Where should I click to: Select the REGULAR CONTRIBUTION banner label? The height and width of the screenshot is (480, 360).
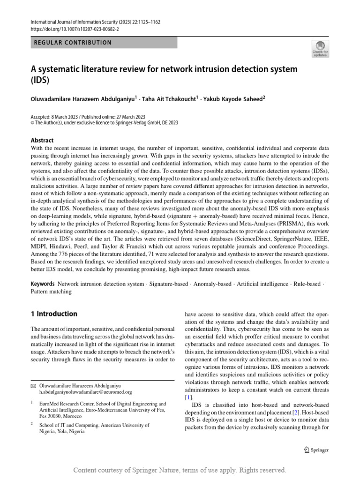(73, 43)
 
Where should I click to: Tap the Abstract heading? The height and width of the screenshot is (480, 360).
(42, 140)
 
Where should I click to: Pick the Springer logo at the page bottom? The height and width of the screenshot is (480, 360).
(316, 450)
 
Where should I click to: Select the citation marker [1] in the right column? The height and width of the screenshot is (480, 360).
(189, 397)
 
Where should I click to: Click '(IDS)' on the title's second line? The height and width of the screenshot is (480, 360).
(40, 80)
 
